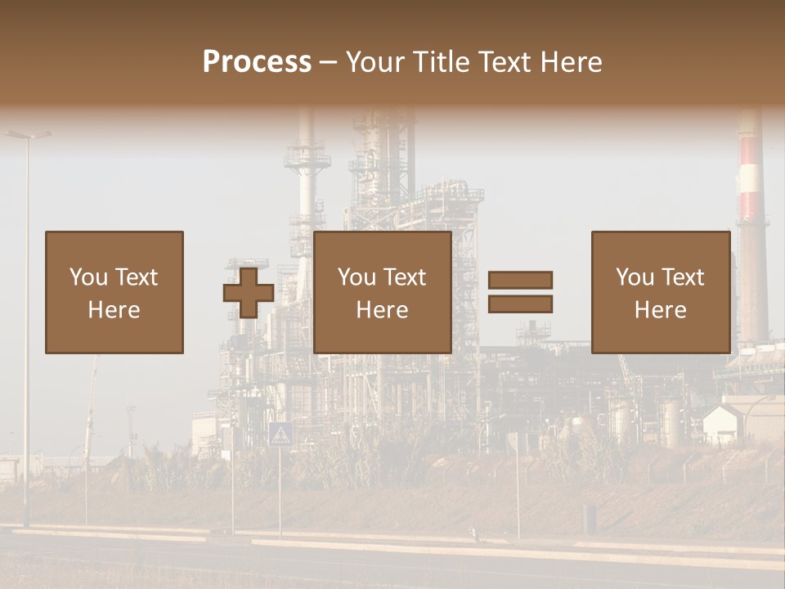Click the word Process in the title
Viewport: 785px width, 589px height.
tap(257, 62)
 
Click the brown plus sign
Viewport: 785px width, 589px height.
tap(249, 292)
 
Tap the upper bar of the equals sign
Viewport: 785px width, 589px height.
tap(520, 280)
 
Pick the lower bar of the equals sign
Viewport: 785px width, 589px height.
tap(520, 304)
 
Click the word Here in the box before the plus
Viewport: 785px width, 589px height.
tap(114, 310)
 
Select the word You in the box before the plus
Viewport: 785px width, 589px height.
tap(87, 277)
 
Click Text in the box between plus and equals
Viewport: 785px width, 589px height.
tap(405, 277)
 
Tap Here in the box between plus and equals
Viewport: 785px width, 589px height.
tap(382, 310)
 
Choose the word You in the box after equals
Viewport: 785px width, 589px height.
tap(635, 277)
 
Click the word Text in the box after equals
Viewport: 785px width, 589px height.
tap(683, 277)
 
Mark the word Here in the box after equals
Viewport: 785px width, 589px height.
tap(660, 310)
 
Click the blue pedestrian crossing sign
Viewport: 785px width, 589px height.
tap(280, 434)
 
